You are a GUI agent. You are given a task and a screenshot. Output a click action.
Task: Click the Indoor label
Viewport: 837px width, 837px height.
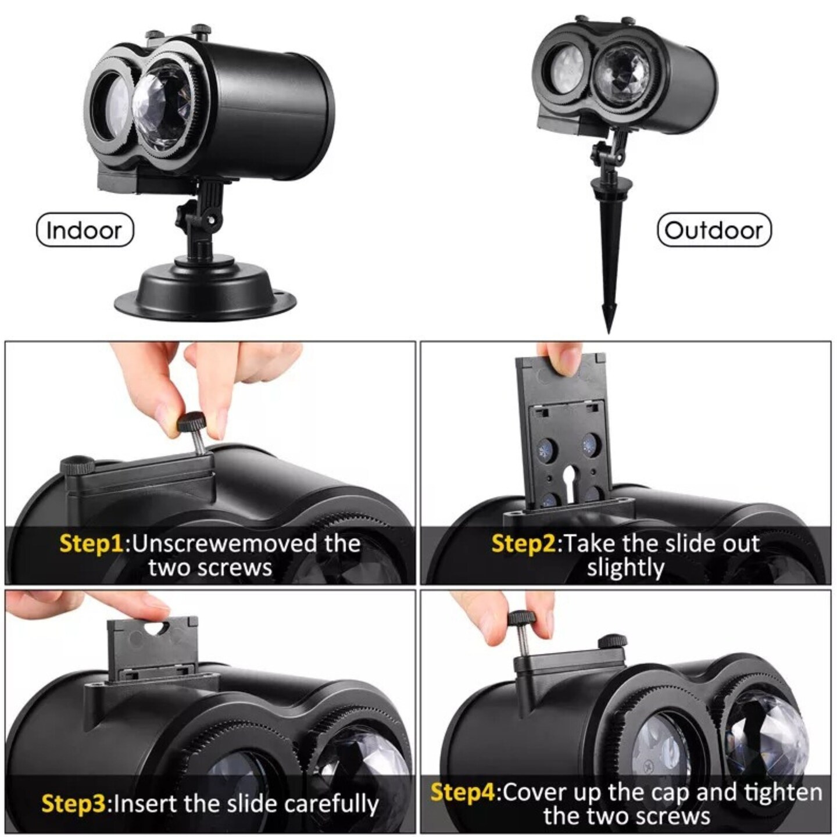point(85,230)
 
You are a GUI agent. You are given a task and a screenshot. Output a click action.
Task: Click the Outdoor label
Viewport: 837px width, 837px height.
point(713,230)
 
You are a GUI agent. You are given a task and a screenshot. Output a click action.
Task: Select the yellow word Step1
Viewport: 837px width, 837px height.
point(91,543)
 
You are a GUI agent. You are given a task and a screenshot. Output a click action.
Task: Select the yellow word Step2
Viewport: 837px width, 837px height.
point(524,543)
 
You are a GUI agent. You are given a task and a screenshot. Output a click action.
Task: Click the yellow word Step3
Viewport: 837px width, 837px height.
point(74,803)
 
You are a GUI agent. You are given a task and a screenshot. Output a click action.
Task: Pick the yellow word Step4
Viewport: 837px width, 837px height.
point(463,792)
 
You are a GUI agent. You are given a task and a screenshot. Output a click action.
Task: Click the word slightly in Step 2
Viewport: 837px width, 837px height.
point(625,568)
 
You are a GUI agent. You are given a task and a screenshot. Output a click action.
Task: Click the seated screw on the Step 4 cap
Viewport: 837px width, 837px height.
point(613,641)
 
